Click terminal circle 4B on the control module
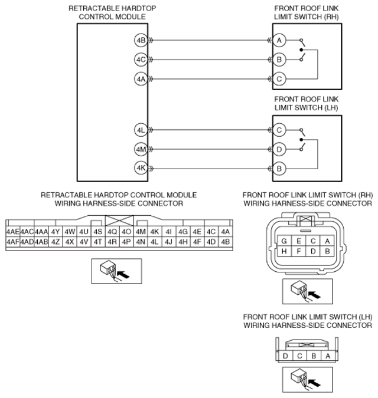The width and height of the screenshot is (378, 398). pos(141,41)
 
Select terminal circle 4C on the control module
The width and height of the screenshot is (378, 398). pos(141,60)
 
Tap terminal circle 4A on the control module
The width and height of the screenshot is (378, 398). pos(141,78)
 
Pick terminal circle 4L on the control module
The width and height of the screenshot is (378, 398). pos(141,130)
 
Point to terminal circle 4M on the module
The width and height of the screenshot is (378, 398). pos(141,149)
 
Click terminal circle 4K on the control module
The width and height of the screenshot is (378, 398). pos(141,168)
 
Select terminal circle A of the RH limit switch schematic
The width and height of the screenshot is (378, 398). pos(279,41)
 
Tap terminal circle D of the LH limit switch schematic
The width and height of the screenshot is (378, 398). pos(279,149)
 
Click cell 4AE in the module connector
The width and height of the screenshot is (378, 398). pos(12,232)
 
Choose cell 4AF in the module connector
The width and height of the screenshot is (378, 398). pos(12,242)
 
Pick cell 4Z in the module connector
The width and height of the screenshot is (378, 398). pos(56,242)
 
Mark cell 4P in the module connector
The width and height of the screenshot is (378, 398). pos(126,242)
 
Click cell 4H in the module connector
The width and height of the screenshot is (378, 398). pos(183,242)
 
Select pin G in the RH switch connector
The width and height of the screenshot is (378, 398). pos(285,241)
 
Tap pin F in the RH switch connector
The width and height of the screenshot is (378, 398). pos(299,251)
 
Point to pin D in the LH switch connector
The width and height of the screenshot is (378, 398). pos(285,356)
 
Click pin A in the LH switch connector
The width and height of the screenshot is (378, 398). pos(327,356)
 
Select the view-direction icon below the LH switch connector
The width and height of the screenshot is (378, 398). pos(306,380)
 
